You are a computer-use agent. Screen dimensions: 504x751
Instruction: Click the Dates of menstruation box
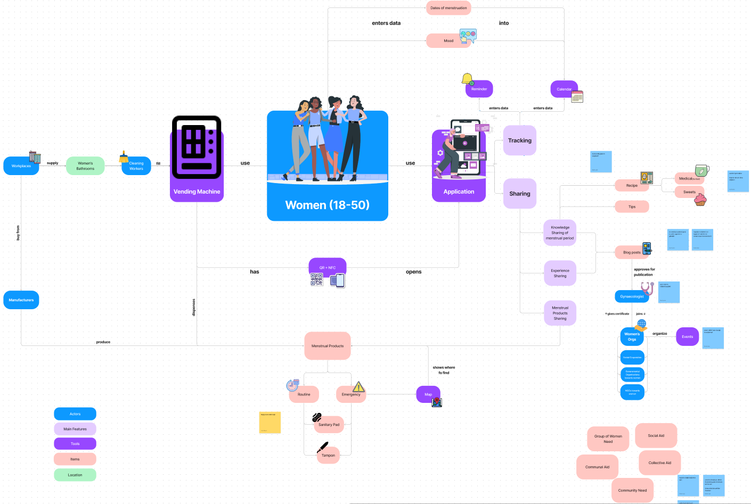pyautogui.click(x=448, y=8)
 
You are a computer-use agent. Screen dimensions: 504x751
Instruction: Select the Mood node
pyautogui.click(x=448, y=40)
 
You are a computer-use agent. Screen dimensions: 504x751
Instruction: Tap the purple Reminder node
pyautogui.click(x=479, y=89)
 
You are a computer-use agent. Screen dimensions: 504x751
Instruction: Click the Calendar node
pyautogui.click(x=564, y=89)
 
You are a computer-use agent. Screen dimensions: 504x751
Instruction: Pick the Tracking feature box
pyautogui.click(x=519, y=141)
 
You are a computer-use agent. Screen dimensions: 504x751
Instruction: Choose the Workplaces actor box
pyautogui.click(x=21, y=166)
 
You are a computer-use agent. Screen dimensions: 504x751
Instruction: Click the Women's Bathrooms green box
pyautogui.click(x=85, y=166)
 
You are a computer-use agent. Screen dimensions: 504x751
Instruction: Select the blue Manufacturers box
pyautogui.click(x=21, y=300)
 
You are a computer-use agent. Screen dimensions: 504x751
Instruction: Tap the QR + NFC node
pyautogui.click(x=327, y=267)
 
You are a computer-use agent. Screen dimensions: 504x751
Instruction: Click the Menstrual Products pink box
pyautogui.click(x=328, y=346)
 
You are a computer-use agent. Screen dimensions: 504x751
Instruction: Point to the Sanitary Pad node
pyautogui.click(x=329, y=425)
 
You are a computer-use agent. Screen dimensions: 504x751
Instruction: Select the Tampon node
pyautogui.click(x=328, y=456)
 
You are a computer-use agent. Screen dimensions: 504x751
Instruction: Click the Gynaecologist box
pyautogui.click(x=631, y=296)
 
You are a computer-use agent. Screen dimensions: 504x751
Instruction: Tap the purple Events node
pyautogui.click(x=687, y=337)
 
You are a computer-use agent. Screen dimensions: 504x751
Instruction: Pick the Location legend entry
pyautogui.click(x=75, y=475)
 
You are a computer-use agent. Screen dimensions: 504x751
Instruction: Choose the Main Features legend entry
pyautogui.click(x=75, y=429)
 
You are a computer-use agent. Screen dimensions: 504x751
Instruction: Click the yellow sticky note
pyautogui.click(x=270, y=422)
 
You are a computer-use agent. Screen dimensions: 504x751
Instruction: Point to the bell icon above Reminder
pyautogui.click(x=467, y=79)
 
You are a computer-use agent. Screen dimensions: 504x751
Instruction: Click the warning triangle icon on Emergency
pyautogui.click(x=358, y=386)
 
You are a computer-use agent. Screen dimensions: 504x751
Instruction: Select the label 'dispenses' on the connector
pyautogui.click(x=194, y=307)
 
